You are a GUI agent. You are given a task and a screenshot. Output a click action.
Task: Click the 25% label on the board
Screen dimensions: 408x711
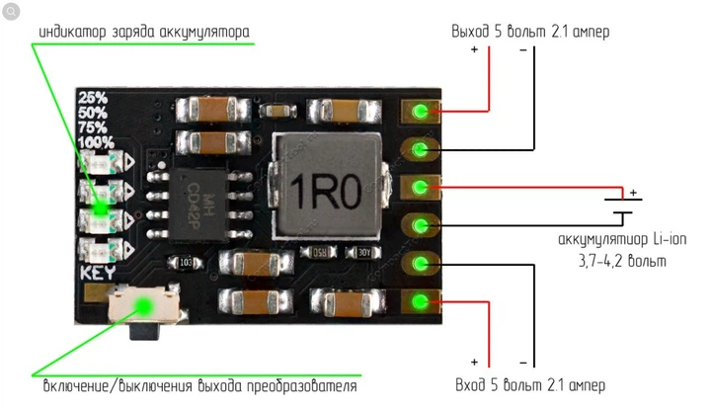93,98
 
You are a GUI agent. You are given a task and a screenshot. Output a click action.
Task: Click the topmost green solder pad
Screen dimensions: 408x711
420,112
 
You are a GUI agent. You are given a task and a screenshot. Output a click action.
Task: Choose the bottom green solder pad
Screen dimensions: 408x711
420,301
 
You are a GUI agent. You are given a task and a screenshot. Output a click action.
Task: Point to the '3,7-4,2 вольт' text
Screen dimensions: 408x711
621,262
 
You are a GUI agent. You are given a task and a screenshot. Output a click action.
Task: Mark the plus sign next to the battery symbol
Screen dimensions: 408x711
634,193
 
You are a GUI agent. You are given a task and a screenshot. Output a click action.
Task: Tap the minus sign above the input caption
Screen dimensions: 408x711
523,363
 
